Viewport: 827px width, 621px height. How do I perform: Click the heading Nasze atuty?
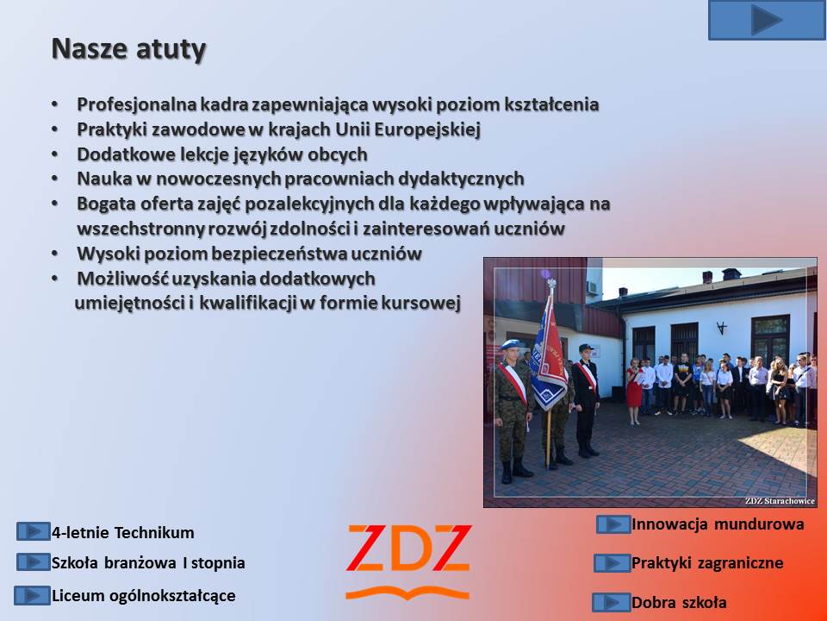click(128, 49)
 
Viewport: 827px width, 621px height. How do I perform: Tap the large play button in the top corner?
click(767, 20)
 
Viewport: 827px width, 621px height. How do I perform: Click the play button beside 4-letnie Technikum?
click(34, 531)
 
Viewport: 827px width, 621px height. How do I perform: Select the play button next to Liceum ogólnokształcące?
click(32, 596)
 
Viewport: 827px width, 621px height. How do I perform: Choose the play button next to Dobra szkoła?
click(612, 603)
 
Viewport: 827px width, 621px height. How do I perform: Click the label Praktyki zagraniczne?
click(707, 563)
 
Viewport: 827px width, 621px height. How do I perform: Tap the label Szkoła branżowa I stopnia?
click(148, 563)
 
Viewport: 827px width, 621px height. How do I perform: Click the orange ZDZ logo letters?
click(408, 549)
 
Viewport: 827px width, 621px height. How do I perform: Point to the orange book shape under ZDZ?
click(407, 593)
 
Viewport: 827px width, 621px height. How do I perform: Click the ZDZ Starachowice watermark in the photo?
click(780, 500)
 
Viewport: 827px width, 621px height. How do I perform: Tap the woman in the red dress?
click(635, 391)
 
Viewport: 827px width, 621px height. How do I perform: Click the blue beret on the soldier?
click(510, 344)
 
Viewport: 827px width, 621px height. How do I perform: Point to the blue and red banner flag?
click(549, 354)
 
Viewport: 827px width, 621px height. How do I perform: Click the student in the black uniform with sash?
click(586, 399)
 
